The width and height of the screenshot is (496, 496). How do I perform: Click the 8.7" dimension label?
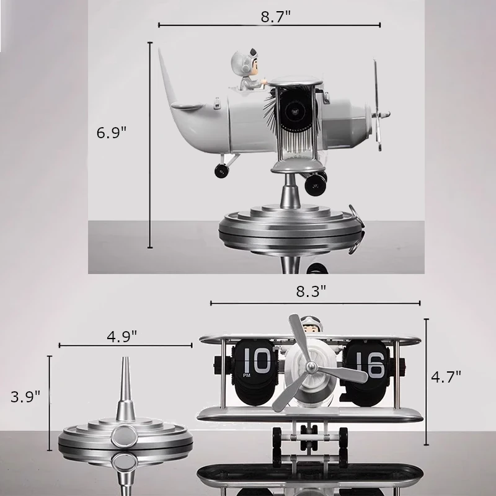tap(275, 17)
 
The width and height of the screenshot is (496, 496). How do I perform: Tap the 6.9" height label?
tap(112, 132)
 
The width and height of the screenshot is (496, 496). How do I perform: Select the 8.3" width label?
tap(311, 291)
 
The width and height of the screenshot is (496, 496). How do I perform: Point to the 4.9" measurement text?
tap(122, 337)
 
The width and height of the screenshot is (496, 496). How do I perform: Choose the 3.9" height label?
tap(25, 396)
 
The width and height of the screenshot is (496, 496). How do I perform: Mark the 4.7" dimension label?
tap(446, 377)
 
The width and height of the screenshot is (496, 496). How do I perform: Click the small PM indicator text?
tap(247, 376)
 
